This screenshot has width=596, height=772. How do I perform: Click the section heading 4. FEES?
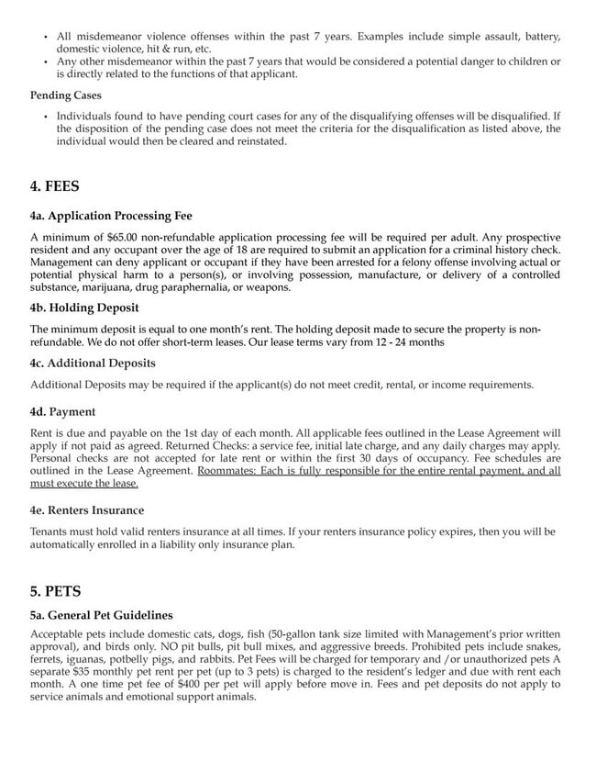pos(55,186)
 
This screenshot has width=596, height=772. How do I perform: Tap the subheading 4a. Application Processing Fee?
pos(111,217)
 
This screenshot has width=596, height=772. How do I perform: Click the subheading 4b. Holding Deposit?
pos(84,308)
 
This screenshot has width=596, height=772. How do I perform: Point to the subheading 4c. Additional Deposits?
pos(93,363)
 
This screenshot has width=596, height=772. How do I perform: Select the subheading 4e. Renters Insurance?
pos(87,509)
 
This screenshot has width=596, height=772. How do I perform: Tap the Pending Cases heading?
pos(66,95)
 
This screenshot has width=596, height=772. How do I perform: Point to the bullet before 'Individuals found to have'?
pos(46,117)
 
